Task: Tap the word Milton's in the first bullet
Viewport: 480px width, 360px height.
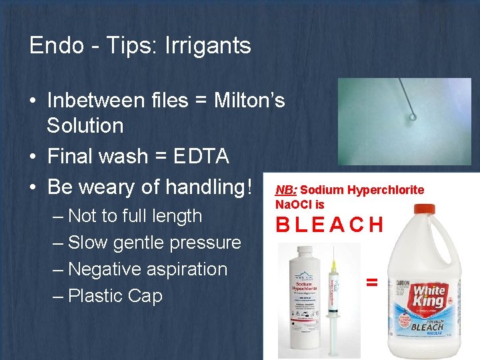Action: pyautogui.click(x=249, y=100)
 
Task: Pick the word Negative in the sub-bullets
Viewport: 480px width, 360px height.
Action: pyautogui.click(x=107, y=269)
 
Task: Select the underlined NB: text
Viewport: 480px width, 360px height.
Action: pyautogui.click(x=287, y=190)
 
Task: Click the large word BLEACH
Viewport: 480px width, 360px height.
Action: pyautogui.click(x=330, y=225)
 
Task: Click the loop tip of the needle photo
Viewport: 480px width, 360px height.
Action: pyautogui.click(x=413, y=117)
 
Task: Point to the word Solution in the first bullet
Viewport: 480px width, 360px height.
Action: pyautogui.click(x=85, y=126)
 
